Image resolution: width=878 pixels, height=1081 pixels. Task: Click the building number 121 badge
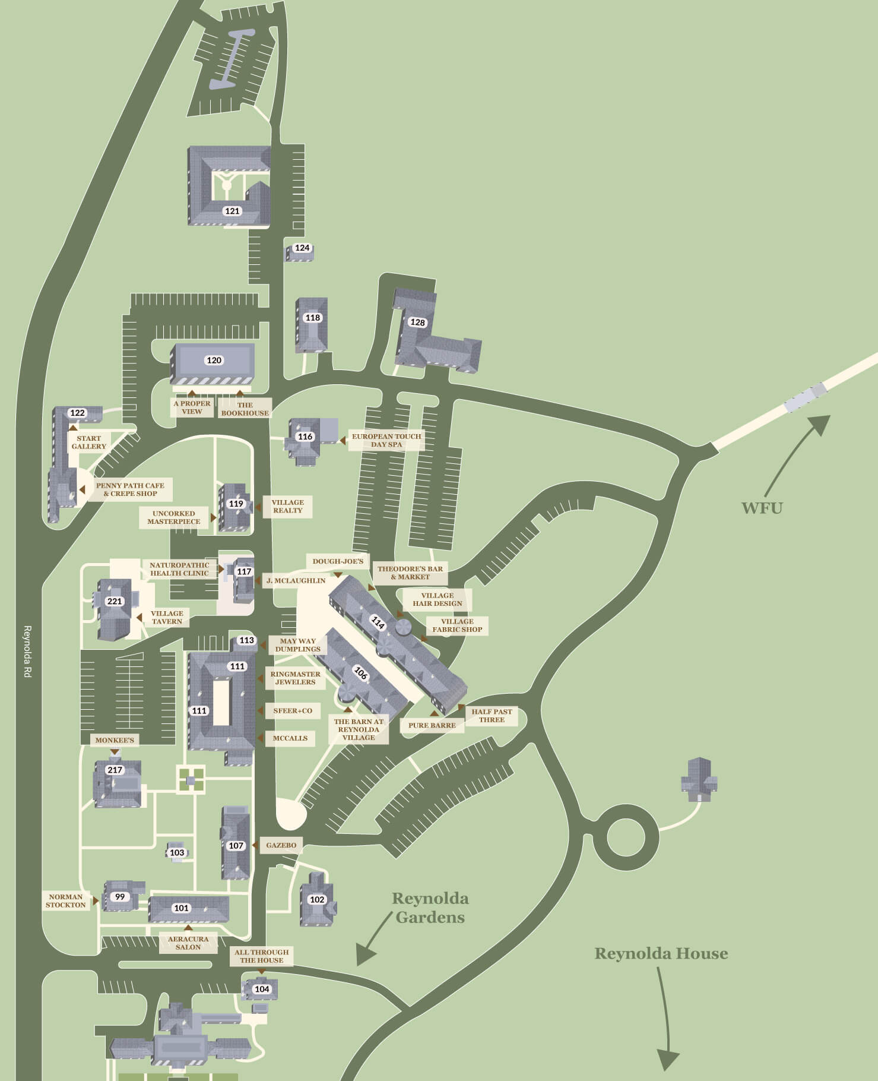[x=232, y=211]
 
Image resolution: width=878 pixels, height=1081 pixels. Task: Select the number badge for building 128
[x=418, y=322]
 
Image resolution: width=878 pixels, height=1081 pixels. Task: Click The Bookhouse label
[x=245, y=409]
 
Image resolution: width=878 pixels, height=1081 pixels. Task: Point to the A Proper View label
[x=192, y=407]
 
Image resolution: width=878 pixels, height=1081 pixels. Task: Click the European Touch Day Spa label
[x=386, y=440]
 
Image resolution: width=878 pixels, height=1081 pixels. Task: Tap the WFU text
[x=762, y=508]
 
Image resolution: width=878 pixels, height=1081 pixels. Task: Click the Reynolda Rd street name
[x=27, y=651]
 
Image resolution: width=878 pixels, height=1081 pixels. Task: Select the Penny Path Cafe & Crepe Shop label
[x=130, y=489]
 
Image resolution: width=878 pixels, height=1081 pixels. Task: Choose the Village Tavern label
[x=167, y=617]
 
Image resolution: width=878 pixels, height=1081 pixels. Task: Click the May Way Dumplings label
[x=297, y=644]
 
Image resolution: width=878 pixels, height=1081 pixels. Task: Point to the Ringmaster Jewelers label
[x=295, y=678]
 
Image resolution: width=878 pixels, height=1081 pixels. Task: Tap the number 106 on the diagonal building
[x=361, y=673]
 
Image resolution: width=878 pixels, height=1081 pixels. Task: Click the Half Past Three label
[x=492, y=715]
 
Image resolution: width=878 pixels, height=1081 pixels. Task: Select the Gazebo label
[x=281, y=845]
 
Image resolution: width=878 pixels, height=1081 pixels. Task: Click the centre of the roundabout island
[x=626, y=838]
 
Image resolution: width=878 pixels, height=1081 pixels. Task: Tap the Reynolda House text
[x=661, y=953]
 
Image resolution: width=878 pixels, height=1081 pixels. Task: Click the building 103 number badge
[x=177, y=852]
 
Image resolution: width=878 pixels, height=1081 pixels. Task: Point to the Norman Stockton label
[x=66, y=900]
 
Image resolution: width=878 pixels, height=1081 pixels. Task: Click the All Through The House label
[x=261, y=956]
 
